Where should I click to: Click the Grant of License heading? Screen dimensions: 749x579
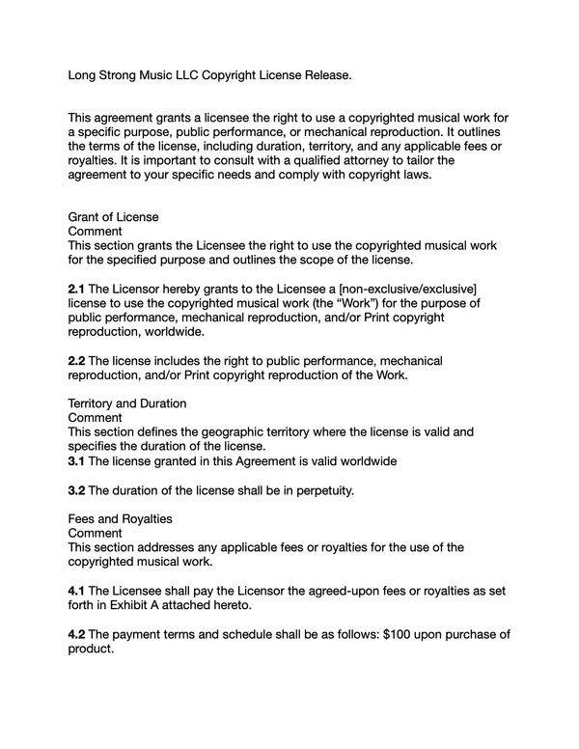(113, 217)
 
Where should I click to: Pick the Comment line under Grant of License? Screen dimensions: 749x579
(95, 232)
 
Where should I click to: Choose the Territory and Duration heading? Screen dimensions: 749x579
(126, 402)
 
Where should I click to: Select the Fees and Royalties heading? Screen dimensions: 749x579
(120, 518)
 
